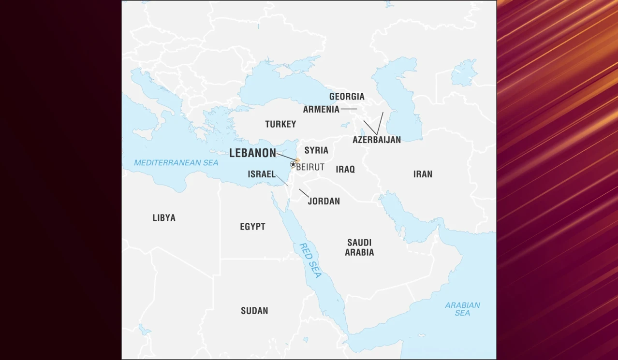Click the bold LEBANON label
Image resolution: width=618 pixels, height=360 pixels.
(252, 153)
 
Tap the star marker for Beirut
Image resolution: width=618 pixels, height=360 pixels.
(293, 164)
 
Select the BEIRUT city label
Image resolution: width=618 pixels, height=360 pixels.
(310, 167)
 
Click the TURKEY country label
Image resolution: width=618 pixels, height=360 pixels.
(280, 124)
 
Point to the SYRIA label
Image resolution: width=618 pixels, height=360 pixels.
(316, 150)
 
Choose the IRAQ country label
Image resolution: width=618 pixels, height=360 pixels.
(345, 169)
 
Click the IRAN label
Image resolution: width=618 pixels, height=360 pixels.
(423, 174)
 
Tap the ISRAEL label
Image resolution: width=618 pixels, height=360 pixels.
(262, 174)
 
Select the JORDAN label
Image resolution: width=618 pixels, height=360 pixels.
(324, 201)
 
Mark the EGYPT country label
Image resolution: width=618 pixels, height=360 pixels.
(252, 227)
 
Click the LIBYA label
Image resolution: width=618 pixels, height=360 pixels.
(164, 218)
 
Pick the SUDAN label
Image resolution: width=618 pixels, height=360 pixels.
(254, 311)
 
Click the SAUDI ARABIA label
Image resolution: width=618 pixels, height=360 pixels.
(359, 247)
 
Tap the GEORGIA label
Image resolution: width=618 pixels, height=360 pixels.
(347, 97)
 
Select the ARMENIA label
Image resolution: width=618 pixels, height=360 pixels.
(321, 109)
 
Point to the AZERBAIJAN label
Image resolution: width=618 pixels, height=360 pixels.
(377, 140)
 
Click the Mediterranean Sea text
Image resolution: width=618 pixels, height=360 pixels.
(176, 163)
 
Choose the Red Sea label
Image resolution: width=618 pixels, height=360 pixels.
(310, 260)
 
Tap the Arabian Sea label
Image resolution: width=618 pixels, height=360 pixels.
(462, 309)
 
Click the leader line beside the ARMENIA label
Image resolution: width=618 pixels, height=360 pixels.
(349, 109)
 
